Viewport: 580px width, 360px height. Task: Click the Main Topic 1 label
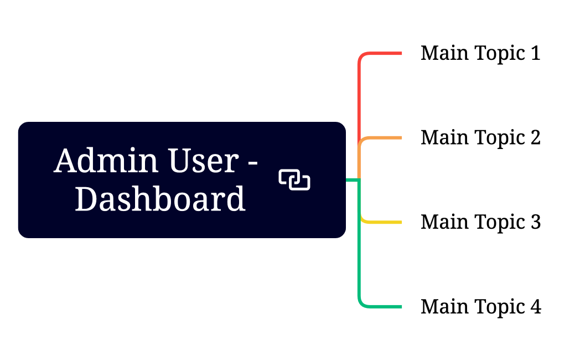[480, 53]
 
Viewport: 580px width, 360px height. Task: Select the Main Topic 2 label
[480, 137]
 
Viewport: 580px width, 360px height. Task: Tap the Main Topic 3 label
[480, 222]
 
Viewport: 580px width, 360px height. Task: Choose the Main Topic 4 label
[480, 306]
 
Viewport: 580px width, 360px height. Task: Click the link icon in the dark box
[294, 179]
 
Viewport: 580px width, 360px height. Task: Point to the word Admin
[100, 161]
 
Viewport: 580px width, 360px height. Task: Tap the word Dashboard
[160, 199]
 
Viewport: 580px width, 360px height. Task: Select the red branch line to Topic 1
[382, 53]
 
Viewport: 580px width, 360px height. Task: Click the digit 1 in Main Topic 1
[535, 53]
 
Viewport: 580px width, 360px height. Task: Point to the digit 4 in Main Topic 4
[536, 306]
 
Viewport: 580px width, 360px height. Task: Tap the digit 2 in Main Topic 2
[535, 137]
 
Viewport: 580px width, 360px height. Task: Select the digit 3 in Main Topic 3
[535, 222]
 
